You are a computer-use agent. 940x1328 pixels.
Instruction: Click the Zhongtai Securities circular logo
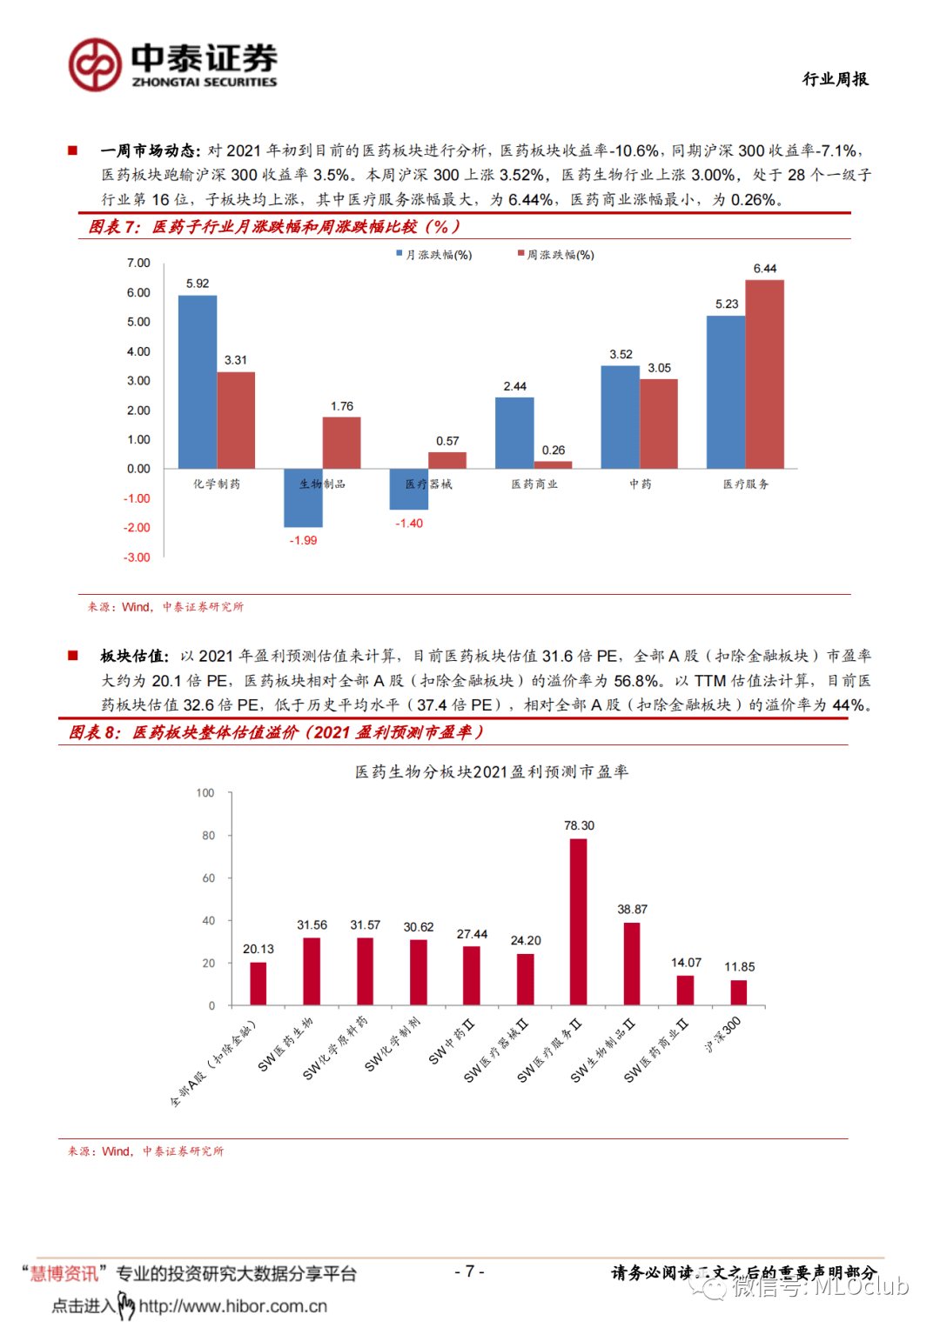(95, 65)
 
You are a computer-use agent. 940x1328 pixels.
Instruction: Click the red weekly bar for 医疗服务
(764, 374)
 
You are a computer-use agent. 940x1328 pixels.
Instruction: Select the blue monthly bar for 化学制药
(198, 382)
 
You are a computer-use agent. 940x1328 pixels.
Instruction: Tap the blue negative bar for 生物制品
(303, 497)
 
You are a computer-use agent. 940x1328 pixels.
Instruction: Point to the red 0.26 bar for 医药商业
(553, 464)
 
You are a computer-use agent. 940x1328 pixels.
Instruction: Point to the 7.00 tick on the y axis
(138, 263)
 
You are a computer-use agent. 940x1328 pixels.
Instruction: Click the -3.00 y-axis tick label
(137, 557)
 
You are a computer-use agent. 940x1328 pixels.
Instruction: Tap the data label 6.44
(765, 269)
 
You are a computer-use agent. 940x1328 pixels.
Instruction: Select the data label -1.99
(303, 540)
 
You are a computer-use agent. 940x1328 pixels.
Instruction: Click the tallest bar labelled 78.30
(578, 922)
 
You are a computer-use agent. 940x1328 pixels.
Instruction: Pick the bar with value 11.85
(739, 992)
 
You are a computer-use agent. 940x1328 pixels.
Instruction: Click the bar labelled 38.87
(632, 964)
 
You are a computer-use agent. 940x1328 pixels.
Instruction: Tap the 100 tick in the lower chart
(205, 793)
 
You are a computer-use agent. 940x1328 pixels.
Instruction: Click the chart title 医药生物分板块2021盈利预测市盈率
(491, 771)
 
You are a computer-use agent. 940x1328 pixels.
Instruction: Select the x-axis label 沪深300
(724, 1034)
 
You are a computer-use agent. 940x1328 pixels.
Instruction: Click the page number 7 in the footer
(469, 1271)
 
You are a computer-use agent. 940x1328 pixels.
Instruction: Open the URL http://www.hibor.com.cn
(232, 1306)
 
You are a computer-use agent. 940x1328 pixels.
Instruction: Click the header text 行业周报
(835, 79)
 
